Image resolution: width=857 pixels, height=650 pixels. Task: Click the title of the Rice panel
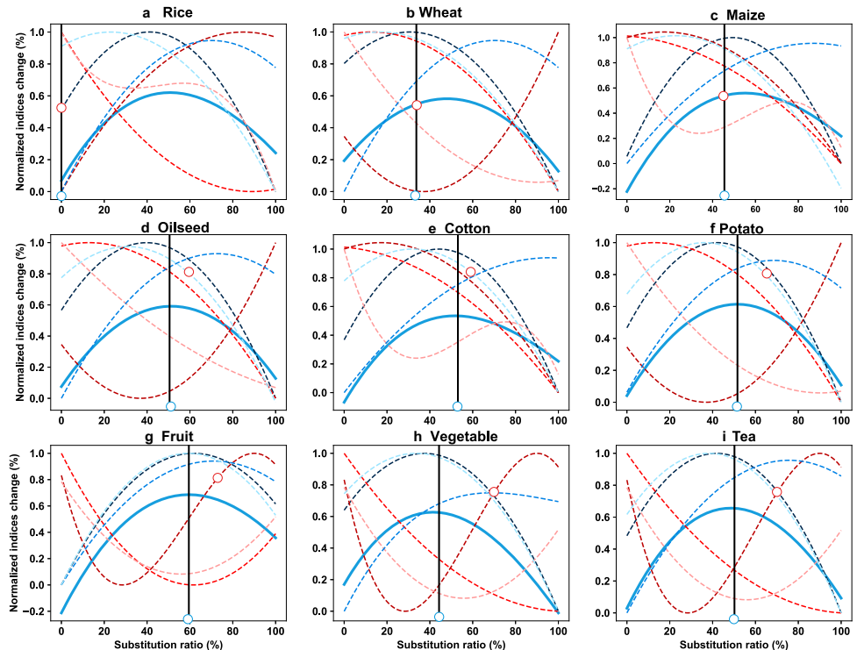168,12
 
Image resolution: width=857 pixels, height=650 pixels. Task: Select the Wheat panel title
446,12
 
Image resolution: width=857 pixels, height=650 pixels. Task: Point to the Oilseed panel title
168,228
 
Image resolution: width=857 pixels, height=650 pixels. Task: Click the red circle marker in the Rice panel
61,108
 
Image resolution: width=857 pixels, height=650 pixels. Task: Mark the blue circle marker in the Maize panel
725,196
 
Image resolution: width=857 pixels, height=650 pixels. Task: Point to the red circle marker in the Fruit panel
218,478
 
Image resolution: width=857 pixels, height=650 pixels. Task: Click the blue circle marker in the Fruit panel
188,619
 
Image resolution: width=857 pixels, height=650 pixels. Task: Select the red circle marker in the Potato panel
767,274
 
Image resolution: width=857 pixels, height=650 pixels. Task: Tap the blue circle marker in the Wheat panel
416,196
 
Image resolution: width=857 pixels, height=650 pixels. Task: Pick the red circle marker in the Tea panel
777,491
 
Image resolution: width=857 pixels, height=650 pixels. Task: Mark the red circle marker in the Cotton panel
470,272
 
